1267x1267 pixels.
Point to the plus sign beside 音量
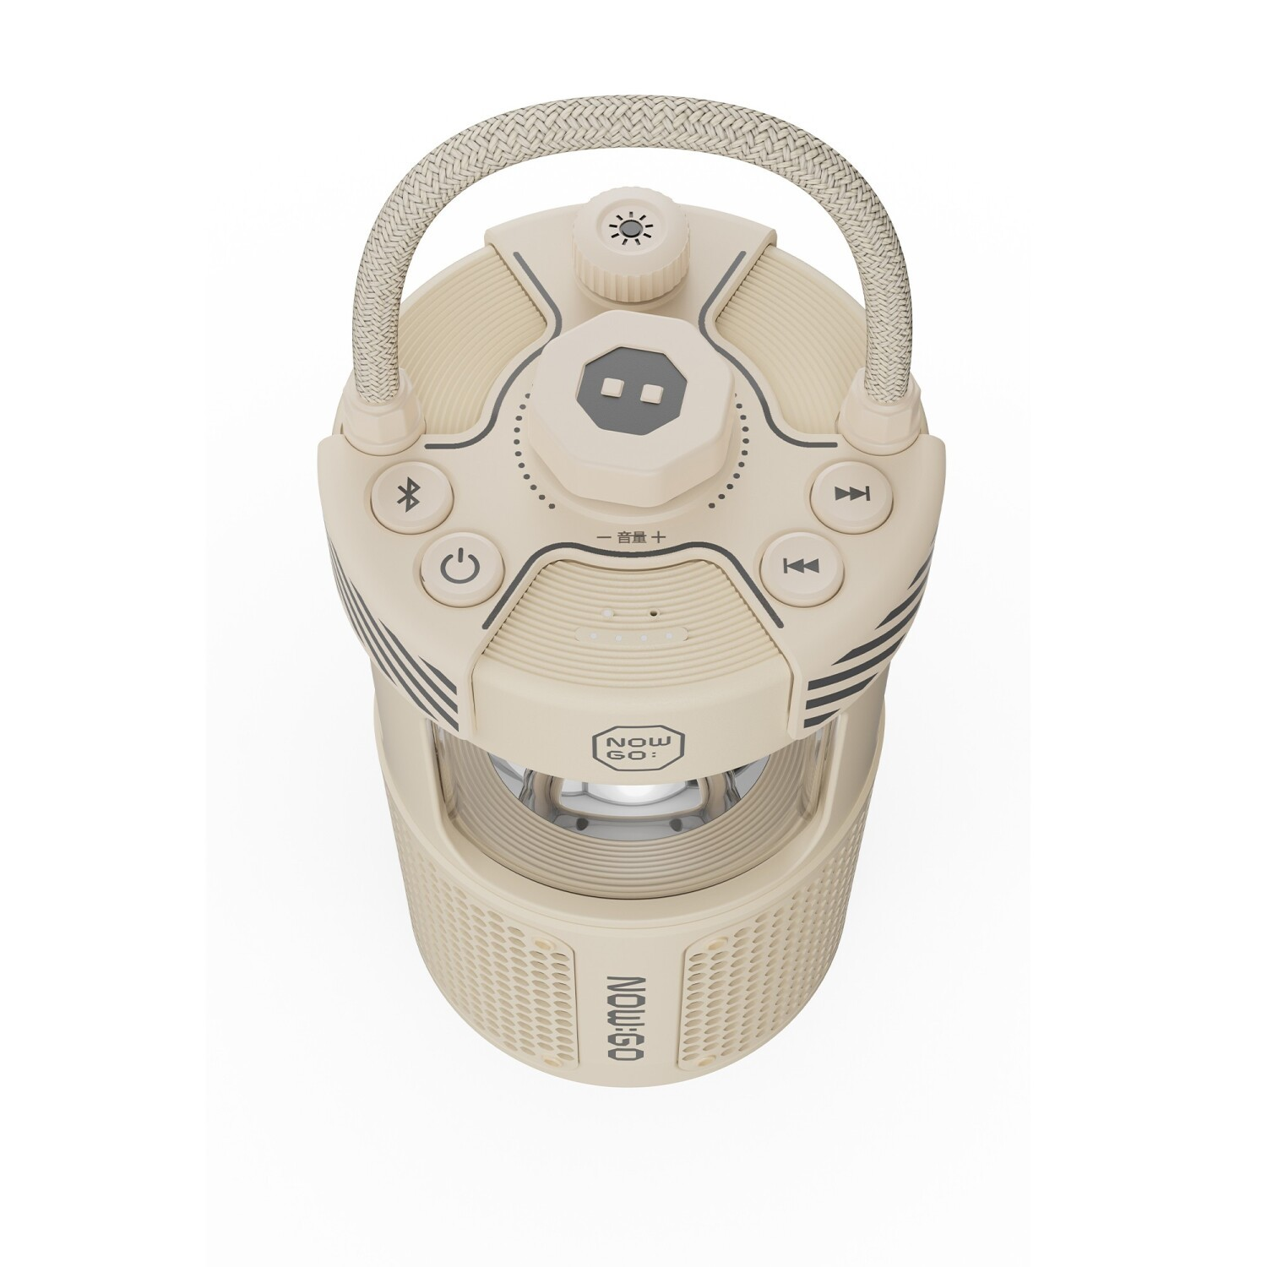[x=660, y=536]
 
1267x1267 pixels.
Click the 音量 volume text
[x=631, y=536]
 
